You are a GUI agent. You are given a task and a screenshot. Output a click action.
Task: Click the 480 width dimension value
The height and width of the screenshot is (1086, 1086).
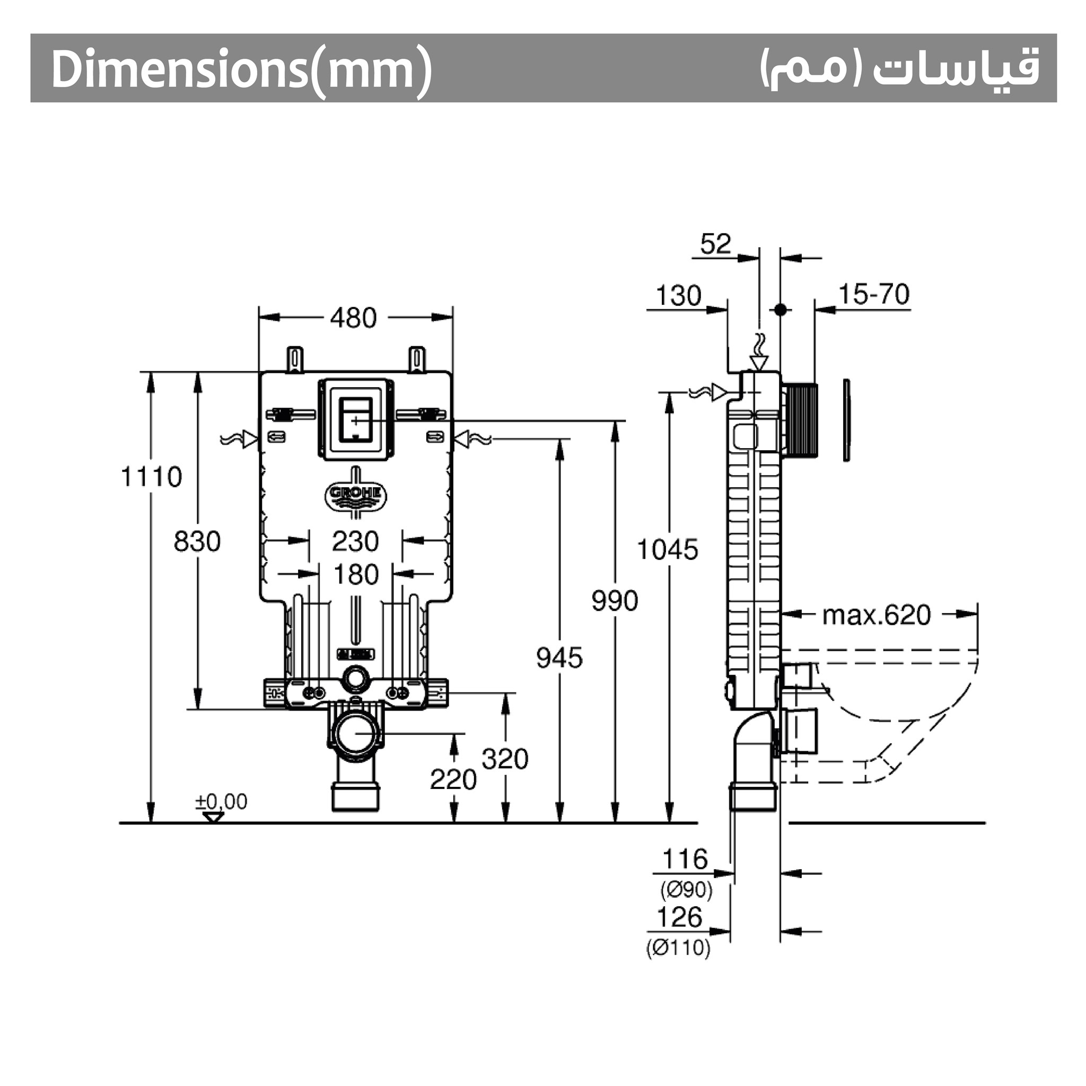click(x=353, y=318)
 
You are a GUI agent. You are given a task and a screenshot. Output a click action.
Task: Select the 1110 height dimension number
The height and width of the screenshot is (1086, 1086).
click(x=152, y=477)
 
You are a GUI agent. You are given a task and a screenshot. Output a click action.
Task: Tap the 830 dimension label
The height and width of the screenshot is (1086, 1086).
click(x=197, y=541)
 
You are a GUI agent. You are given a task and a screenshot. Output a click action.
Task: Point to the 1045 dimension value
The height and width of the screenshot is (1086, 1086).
click(x=667, y=550)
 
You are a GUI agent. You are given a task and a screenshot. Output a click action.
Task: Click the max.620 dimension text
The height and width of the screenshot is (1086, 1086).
click(x=877, y=616)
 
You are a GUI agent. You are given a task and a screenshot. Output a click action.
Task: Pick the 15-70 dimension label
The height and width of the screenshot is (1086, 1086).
click(x=873, y=294)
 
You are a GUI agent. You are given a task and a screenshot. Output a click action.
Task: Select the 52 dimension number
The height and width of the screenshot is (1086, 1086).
click(x=715, y=244)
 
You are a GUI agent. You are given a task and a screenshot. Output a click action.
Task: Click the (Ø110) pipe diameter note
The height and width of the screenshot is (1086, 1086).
click(x=678, y=948)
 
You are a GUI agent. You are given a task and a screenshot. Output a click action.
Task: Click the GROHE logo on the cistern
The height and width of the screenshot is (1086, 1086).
click(x=355, y=494)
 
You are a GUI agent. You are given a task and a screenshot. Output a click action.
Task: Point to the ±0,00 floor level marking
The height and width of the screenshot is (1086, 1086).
click(x=221, y=802)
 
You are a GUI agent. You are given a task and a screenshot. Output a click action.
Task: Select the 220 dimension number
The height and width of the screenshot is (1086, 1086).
click(x=453, y=780)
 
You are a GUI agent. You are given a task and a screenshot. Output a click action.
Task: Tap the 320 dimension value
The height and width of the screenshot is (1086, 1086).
click(x=505, y=759)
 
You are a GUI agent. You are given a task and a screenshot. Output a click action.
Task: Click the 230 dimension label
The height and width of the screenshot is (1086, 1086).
click(x=355, y=541)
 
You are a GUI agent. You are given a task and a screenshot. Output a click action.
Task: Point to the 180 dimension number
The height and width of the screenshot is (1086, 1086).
click(x=356, y=575)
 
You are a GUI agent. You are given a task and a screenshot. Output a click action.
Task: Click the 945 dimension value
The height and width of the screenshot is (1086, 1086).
click(x=559, y=658)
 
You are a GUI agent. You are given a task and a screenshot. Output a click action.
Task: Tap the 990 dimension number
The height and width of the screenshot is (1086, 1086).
click(x=615, y=601)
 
